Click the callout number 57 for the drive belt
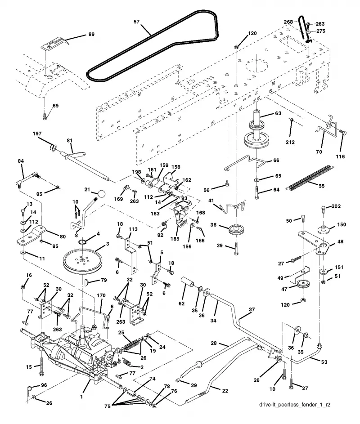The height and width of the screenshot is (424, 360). (x=137, y=22)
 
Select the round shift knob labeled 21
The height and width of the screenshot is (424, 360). (x=101, y=194)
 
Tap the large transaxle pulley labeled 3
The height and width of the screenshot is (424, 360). (x=82, y=261)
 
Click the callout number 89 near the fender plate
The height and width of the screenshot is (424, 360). (x=91, y=34)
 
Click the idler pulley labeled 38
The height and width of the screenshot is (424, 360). (x=236, y=230)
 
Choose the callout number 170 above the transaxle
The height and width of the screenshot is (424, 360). (x=101, y=295)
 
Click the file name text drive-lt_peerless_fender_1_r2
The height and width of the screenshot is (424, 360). (x=294, y=405)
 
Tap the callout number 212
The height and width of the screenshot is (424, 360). (x=290, y=142)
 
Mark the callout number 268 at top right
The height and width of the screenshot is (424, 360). (x=288, y=22)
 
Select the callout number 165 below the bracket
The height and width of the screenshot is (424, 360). (x=175, y=239)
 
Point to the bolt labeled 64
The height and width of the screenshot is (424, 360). (x=256, y=192)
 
